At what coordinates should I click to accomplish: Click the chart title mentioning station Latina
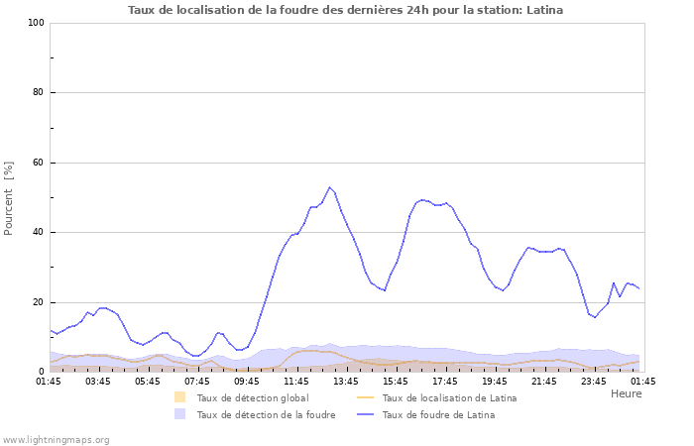[345, 10]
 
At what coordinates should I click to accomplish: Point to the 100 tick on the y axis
[38, 23]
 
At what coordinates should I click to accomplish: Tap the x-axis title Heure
[626, 393]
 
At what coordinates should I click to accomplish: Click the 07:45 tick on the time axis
[197, 381]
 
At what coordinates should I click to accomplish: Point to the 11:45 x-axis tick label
[296, 381]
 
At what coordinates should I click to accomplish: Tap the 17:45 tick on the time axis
[445, 381]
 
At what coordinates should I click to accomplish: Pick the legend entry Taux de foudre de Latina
[437, 415]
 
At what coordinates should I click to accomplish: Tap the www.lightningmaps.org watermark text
[57, 439]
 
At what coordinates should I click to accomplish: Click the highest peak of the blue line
[330, 187]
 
